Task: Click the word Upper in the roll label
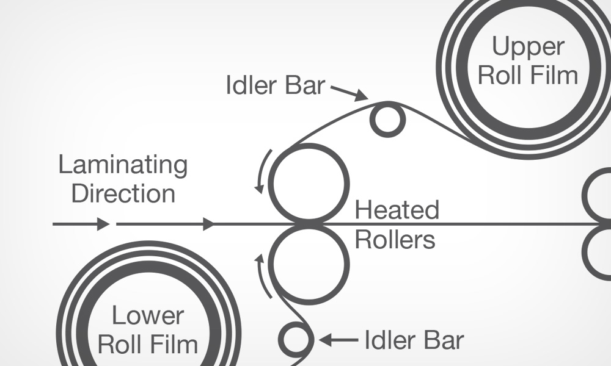[x=528, y=47]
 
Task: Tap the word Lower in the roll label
[x=148, y=317]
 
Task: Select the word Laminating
[x=122, y=165]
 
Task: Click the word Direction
[x=123, y=193]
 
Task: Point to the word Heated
[x=397, y=210]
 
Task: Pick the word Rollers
[x=395, y=240]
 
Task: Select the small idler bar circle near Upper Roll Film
[x=387, y=120]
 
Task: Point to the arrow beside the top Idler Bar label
[x=349, y=92]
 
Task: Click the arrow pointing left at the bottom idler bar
[x=337, y=339]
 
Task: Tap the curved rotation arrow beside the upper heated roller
[x=261, y=171]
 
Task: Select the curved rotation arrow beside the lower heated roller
[x=261, y=274]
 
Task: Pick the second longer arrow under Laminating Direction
[x=165, y=224]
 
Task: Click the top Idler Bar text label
[x=275, y=86]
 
